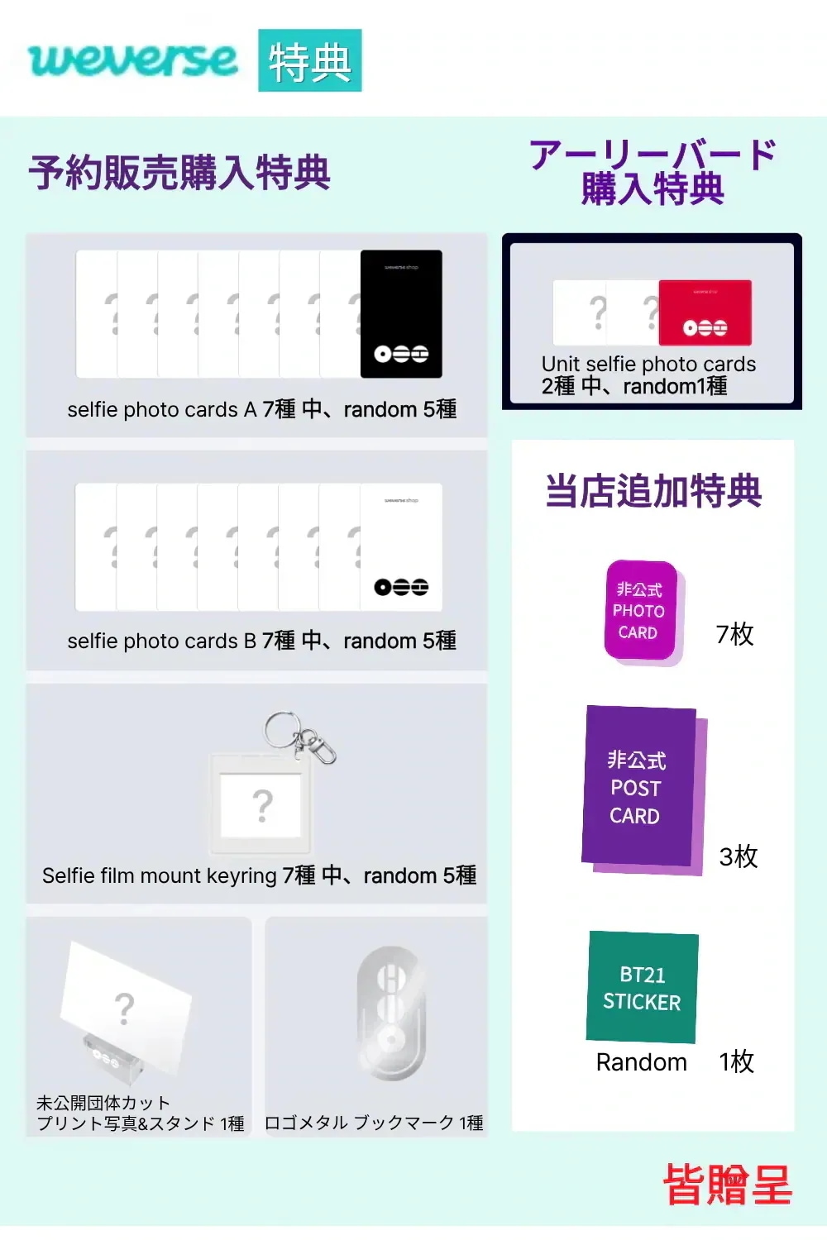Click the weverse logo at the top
[x=133, y=60]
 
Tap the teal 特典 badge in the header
[x=309, y=60]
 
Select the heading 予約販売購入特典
[x=179, y=173]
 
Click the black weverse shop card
[x=401, y=314]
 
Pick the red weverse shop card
[x=705, y=312]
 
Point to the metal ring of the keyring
[x=283, y=731]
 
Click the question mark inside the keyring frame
[x=262, y=805]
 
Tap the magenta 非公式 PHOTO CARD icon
[x=643, y=613]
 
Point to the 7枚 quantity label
[x=734, y=634]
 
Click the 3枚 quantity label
[x=738, y=856]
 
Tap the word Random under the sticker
[x=642, y=1062]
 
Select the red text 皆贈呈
[x=727, y=1184]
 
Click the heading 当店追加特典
[x=653, y=491]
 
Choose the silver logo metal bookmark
[x=392, y=1013]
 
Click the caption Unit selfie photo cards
[x=648, y=365]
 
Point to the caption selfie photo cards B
[x=162, y=641]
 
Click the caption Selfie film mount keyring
[x=159, y=875]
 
